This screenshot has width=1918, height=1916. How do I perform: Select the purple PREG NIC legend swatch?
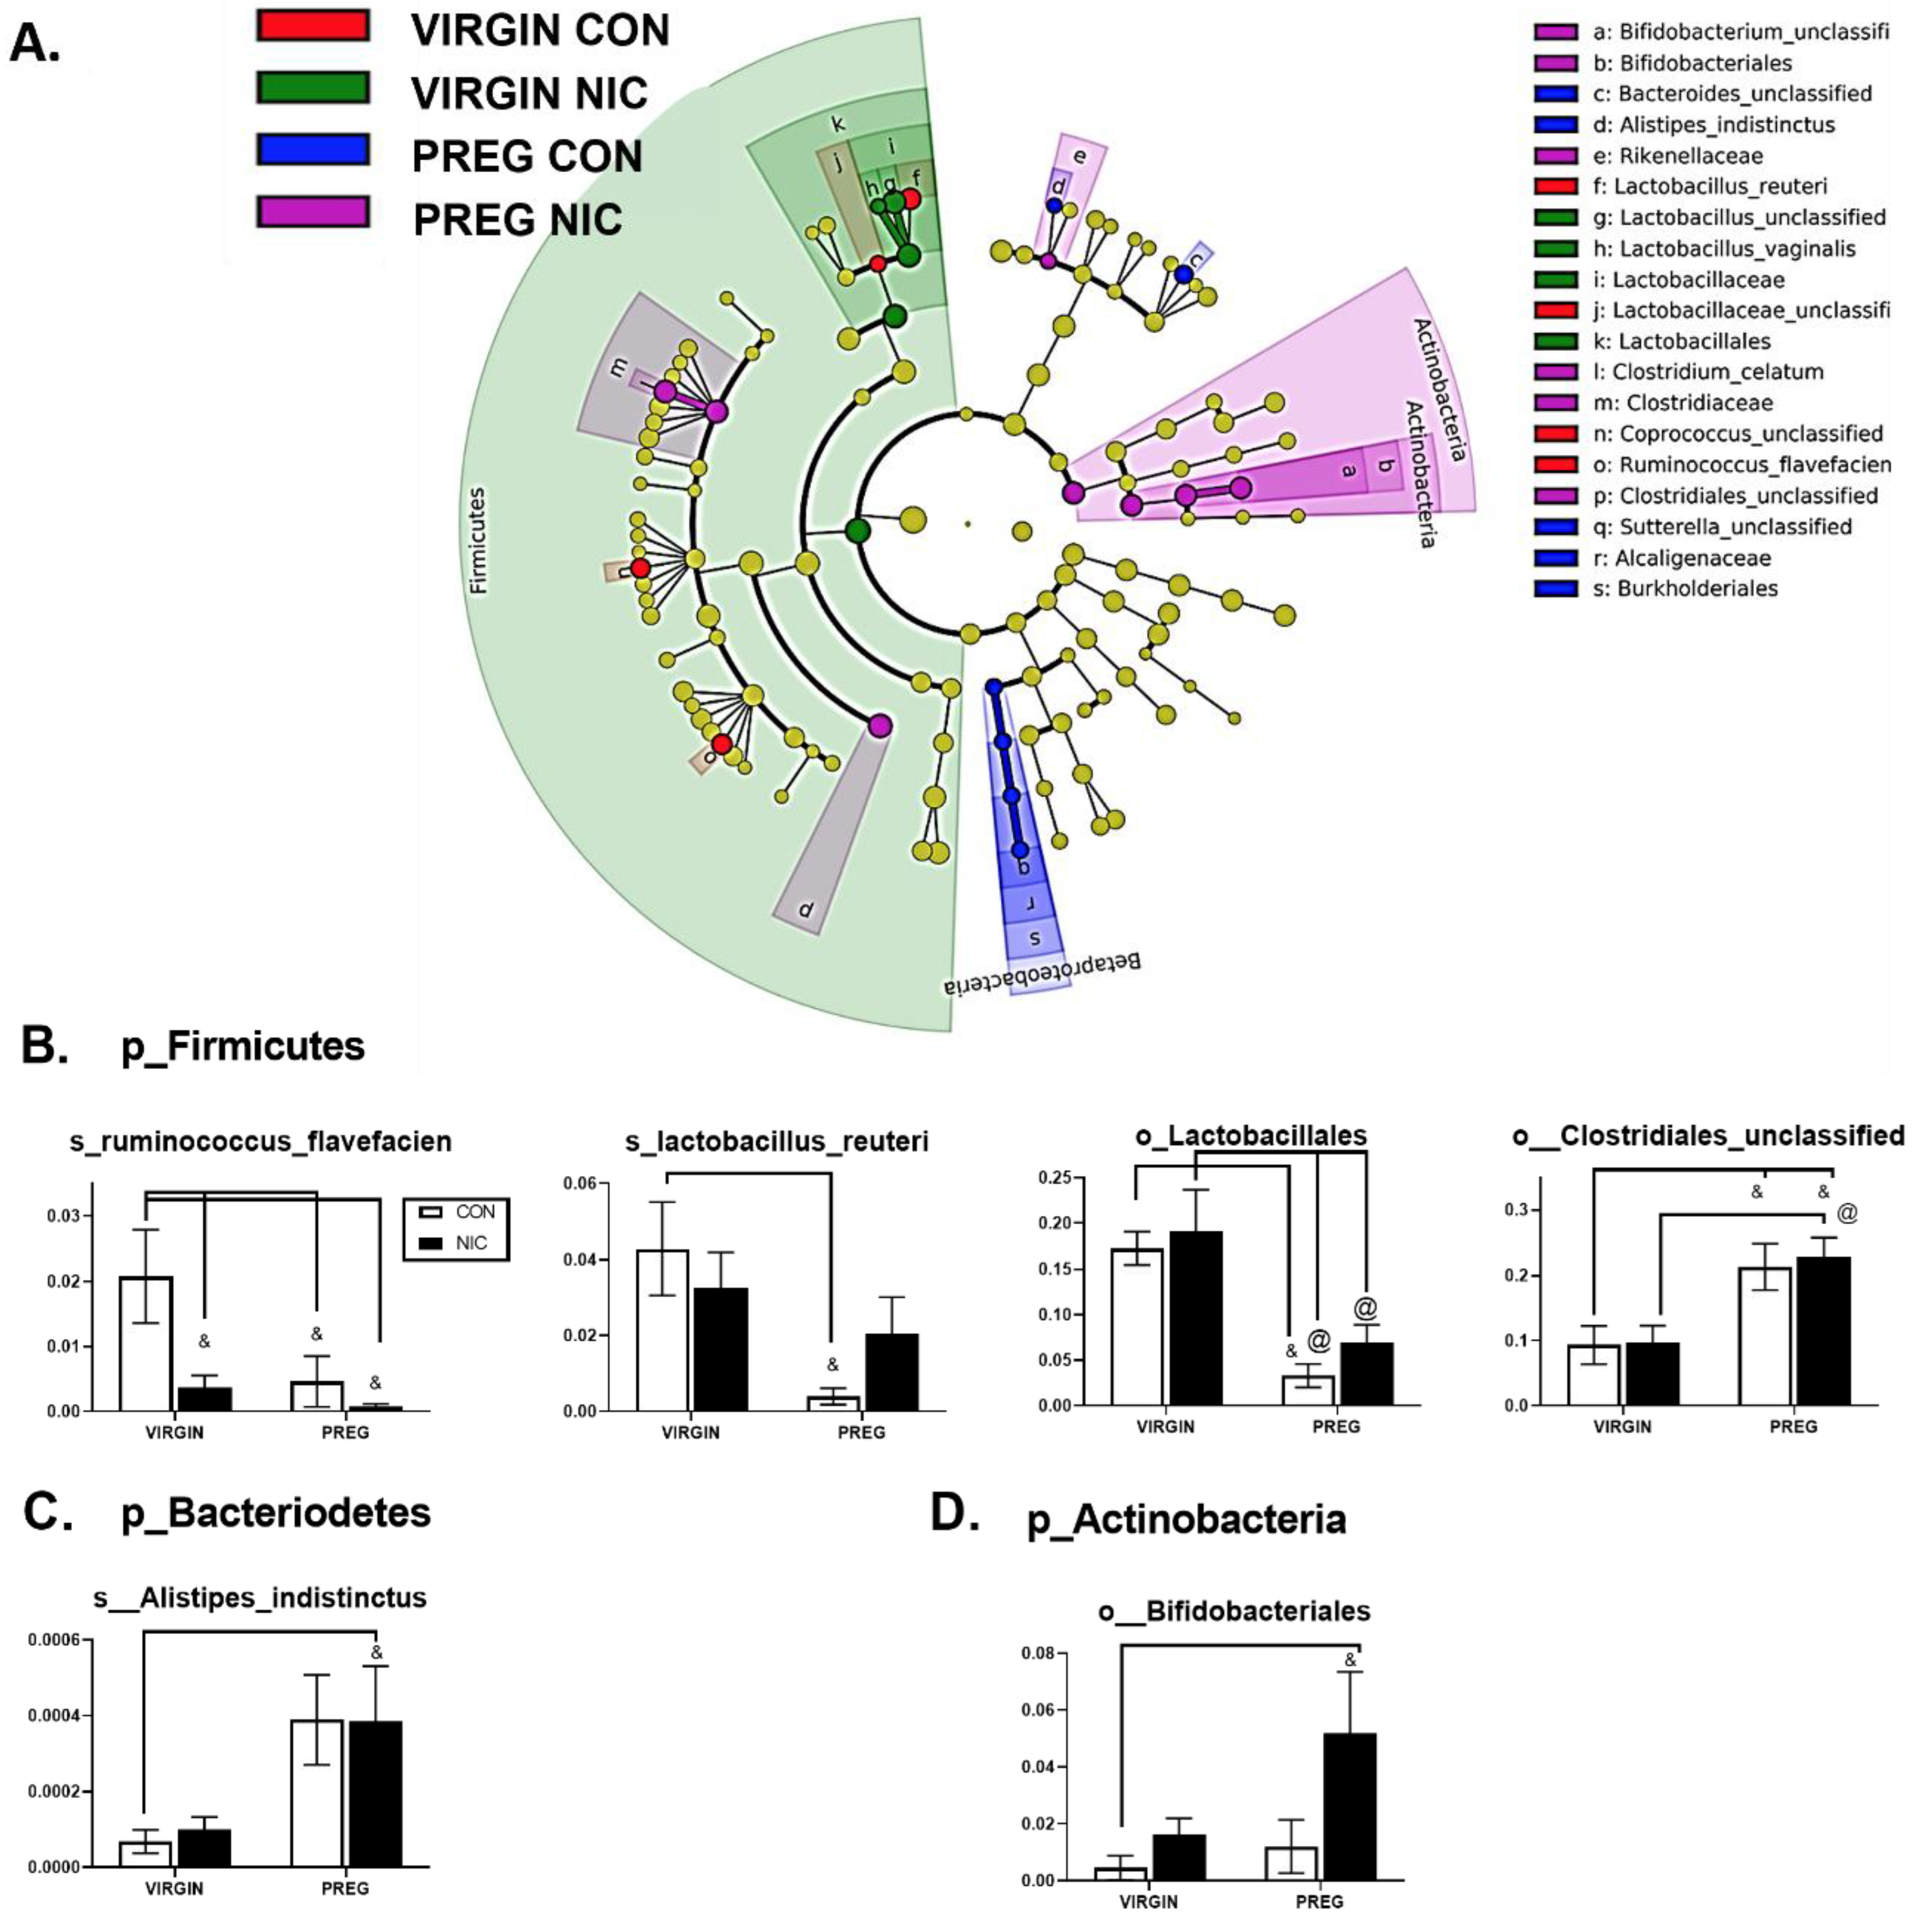coord(312,211)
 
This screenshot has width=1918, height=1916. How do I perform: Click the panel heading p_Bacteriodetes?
coord(276,1513)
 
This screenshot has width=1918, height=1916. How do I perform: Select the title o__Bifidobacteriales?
coord(1234,1610)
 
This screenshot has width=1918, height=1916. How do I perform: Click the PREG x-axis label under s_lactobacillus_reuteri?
coord(861,1432)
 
